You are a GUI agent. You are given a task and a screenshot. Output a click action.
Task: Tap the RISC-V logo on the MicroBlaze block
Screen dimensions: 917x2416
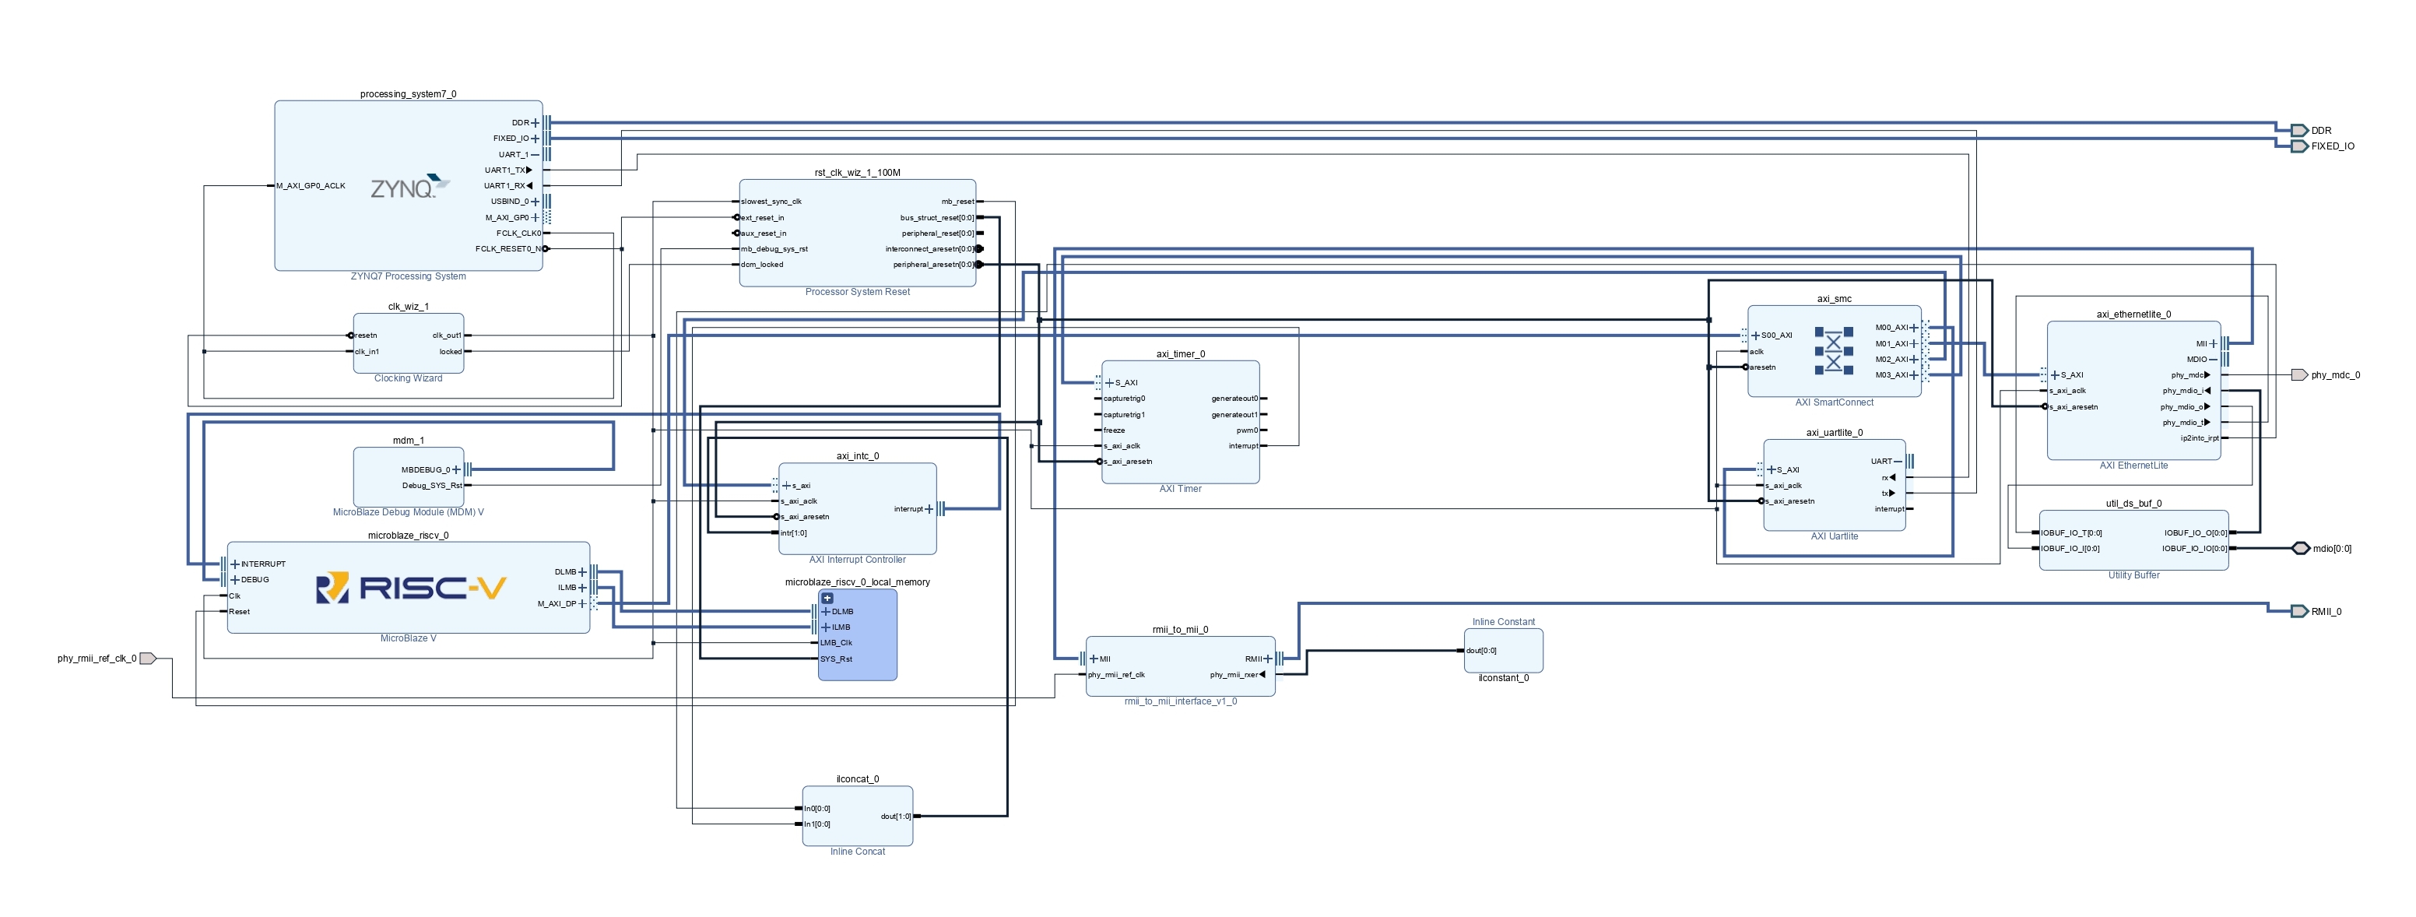(x=411, y=588)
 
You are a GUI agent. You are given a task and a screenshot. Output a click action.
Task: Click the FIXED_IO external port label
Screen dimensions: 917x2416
(x=2332, y=146)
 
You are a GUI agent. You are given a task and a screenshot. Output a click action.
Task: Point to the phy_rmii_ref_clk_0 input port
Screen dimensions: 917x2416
(x=146, y=659)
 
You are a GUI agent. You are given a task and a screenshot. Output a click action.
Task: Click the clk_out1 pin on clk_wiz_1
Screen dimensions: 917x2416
(x=448, y=336)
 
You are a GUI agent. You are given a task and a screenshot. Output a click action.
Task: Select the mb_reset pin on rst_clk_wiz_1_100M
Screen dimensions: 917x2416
(x=957, y=202)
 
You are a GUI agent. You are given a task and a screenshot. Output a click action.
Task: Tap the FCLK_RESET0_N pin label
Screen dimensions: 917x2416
(x=508, y=249)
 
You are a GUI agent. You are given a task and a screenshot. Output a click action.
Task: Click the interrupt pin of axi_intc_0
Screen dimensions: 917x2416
(x=909, y=509)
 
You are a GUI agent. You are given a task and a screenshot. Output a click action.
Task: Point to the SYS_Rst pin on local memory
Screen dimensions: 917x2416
(x=836, y=659)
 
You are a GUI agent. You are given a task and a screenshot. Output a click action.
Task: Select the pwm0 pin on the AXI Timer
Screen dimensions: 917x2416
(x=1248, y=430)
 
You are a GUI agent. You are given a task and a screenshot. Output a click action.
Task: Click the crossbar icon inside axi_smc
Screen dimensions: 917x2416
(x=1833, y=350)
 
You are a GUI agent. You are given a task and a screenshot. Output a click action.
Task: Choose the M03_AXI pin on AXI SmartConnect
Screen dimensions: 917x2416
(x=1891, y=375)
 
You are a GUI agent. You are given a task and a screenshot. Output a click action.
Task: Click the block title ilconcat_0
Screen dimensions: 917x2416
(x=857, y=779)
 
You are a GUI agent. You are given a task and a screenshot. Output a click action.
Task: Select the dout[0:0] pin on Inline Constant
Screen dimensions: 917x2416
(x=1482, y=651)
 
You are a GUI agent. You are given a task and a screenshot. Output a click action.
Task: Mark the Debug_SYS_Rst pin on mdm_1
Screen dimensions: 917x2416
(x=432, y=486)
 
